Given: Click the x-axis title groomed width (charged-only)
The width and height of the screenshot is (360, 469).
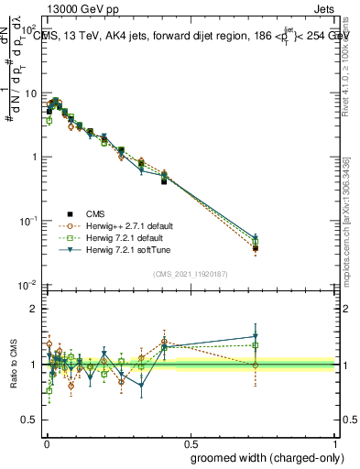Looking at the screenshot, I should click(x=263, y=456).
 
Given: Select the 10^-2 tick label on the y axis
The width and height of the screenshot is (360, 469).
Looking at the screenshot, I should click(x=27, y=286).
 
